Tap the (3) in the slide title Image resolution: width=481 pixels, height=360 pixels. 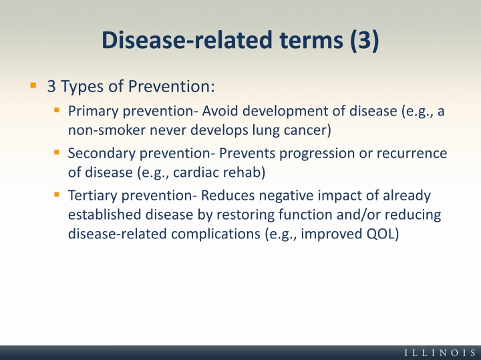click(365, 40)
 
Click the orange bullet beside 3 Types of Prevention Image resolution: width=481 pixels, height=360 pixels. click(33, 85)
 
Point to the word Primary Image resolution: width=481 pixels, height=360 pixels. click(94, 112)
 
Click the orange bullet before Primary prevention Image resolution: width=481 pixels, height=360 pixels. click(56, 110)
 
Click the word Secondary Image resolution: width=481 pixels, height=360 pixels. click(102, 153)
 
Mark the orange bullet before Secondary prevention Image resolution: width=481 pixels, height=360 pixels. click(56, 152)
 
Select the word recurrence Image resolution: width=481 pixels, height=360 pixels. click(412, 154)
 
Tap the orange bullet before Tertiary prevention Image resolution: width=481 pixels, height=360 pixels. click(56, 194)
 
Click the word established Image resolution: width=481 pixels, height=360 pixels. click(105, 214)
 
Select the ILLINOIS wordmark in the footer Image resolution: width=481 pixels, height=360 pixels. click(440, 353)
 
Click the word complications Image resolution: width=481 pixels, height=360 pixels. click(216, 234)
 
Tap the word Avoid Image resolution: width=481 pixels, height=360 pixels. click(220, 111)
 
